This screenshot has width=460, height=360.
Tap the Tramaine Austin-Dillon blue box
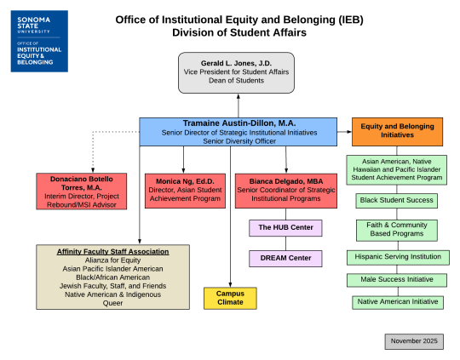point(239,132)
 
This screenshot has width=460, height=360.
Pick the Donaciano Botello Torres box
point(82,191)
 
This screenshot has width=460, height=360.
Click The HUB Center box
point(286,228)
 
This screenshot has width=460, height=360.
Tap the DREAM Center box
point(286,257)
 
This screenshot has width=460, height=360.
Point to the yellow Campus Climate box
point(230,298)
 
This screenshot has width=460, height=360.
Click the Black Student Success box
point(396,201)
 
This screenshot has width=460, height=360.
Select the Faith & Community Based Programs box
point(396,229)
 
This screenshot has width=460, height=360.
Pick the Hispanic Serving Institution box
point(396,256)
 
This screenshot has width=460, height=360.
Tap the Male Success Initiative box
point(396,279)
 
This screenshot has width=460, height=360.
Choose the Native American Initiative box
point(396,301)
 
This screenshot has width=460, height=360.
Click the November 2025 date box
point(413,340)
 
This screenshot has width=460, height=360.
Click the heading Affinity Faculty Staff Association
point(113,252)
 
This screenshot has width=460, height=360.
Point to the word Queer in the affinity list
point(113,302)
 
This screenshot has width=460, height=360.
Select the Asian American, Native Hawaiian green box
point(396,169)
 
